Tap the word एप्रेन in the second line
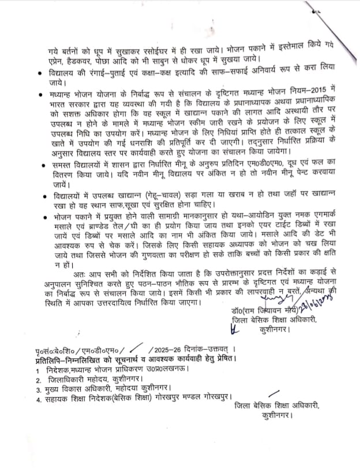[x=56, y=58]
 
